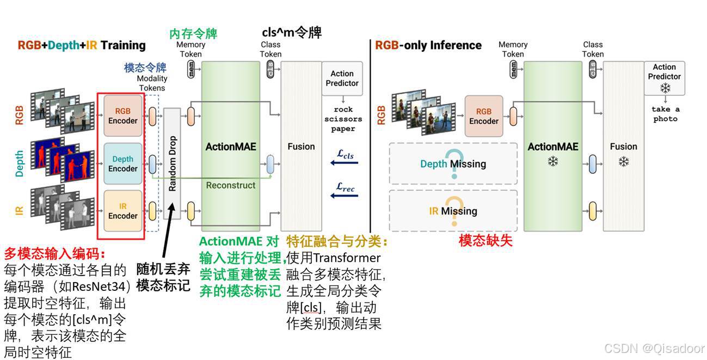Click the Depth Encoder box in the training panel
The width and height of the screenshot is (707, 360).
(x=123, y=163)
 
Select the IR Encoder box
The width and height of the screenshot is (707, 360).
(x=123, y=211)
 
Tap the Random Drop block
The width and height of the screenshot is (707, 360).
(x=172, y=163)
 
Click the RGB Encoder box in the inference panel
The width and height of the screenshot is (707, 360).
(x=484, y=116)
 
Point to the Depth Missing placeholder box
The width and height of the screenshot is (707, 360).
(x=453, y=163)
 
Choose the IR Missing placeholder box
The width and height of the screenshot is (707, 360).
(x=453, y=211)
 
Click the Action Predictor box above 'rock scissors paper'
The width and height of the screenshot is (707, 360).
(x=342, y=78)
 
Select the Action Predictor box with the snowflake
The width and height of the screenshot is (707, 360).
(x=664, y=78)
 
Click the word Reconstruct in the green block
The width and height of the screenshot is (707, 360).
(x=231, y=185)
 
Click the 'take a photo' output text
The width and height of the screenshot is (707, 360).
(x=665, y=114)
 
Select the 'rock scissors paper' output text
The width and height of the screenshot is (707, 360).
(x=343, y=119)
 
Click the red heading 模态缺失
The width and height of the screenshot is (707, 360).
(x=485, y=241)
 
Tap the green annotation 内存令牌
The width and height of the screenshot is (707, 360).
(x=193, y=34)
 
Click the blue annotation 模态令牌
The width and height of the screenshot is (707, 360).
(x=145, y=68)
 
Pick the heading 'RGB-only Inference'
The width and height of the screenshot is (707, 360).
(x=428, y=45)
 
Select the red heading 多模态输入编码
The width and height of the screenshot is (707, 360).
(x=55, y=254)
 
